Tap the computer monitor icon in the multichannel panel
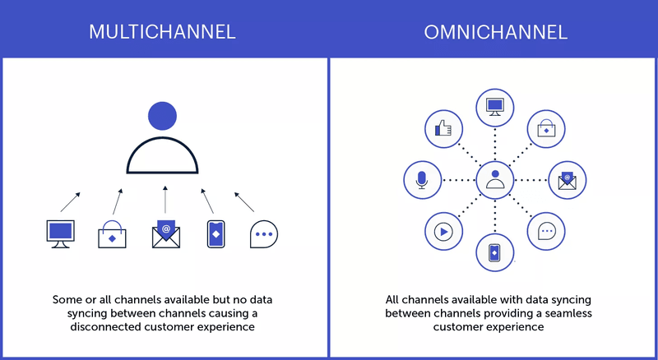pyautogui.click(x=60, y=233)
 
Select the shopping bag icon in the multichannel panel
pyautogui.click(x=112, y=233)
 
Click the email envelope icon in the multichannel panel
pyautogui.click(x=165, y=234)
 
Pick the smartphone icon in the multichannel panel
pyautogui.click(x=215, y=234)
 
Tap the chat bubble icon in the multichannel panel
pyautogui.click(x=264, y=234)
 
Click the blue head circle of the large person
pyautogui.click(x=162, y=115)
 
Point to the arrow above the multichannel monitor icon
pyautogui.click(x=72, y=201)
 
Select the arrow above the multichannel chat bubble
pyautogui.click(x=243, y=201)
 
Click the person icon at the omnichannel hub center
pyautogui.click(x=494, y=179)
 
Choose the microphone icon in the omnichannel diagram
pyautogui.click(x=422, y=179)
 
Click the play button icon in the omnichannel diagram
pyautogui.click(x=443, y=231)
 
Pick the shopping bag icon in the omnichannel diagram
pyautogui.click(x=546, y=128)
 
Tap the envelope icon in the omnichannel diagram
pyautogui.click(x=568, y=179)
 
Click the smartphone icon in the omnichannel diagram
pyautogui.click(x=494, y=252)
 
